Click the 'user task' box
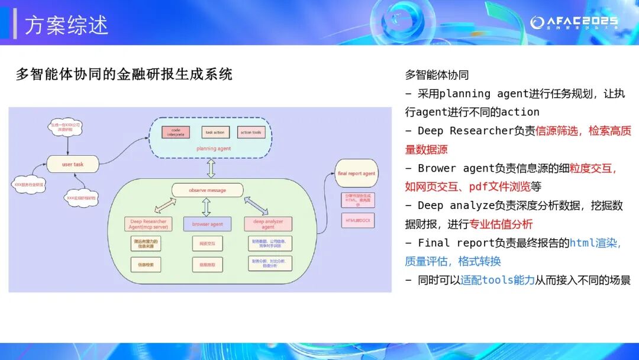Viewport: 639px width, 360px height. click(x=73, y=164)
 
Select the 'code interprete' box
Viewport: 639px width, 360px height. click(x=176, y=133)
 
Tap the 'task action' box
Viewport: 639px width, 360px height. click(x=215, y=133)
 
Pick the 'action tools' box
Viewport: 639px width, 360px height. click(x=250, y=133)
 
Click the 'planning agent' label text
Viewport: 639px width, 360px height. click(x=214, y=149)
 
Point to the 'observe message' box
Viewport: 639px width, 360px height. click(x=207, y=190)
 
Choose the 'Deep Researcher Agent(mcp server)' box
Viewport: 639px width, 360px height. click(x=148, y=224)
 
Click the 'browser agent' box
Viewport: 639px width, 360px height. click(x=207, y=224)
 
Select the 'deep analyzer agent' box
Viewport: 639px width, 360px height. click(x=268, y=224)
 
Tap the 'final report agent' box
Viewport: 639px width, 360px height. click(x=356, y=173)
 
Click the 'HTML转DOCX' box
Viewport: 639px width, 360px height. click(x=357, y=220)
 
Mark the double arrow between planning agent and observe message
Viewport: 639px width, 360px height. click(x=211, y=169)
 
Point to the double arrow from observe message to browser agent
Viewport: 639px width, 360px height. click(x=206, y=207)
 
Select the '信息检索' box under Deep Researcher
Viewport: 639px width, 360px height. click(x=146, y=265)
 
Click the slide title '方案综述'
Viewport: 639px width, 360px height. click(x=67, y=25)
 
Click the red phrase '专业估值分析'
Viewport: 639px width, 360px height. click(x=501, y=224)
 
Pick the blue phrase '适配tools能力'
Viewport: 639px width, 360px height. click(x=498, y=280)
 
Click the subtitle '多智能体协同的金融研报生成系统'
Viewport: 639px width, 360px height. click(x=124, y=74)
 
